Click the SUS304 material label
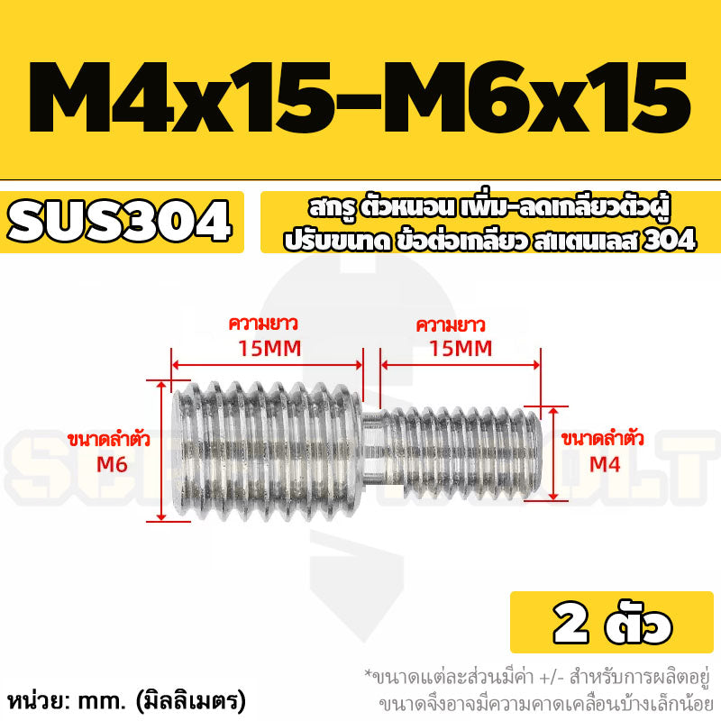(119, 222)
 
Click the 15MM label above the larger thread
(269, 349)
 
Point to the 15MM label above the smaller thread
(461, 349)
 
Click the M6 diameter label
(112, 465)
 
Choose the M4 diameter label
(605, 464)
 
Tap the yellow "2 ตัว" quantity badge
(612, 622)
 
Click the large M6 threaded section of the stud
(267, 451)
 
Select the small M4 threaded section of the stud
(461, 453)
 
